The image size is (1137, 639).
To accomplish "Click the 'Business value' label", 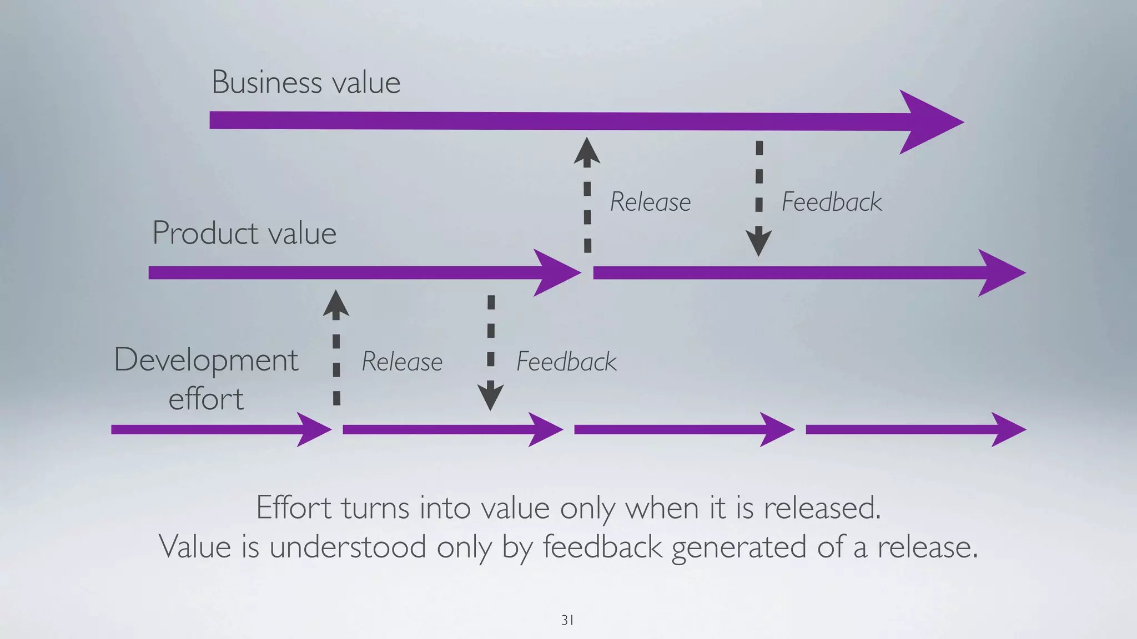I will (306, 83).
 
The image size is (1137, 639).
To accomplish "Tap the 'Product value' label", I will (244, 233).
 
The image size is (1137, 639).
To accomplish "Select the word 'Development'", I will (206, 361).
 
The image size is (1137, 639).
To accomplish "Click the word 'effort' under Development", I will (206, 399).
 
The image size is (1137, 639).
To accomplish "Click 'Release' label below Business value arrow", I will (650, 202).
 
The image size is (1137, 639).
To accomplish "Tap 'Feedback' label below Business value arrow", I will (831, 202).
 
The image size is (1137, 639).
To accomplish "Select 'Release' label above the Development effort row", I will (402, 362).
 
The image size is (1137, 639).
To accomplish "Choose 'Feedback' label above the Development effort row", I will (566, 362).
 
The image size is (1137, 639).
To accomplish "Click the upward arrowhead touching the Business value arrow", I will (587, 152).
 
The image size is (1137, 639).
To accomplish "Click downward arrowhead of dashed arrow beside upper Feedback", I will (758, 242).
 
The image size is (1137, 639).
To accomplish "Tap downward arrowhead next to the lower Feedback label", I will (490, 396).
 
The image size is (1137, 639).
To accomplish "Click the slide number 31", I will (567, 620).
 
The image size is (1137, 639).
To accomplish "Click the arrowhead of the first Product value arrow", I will (555, 272).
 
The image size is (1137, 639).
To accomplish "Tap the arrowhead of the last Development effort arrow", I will (1007, 429).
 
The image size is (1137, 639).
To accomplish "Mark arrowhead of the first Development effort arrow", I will (313, 429).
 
